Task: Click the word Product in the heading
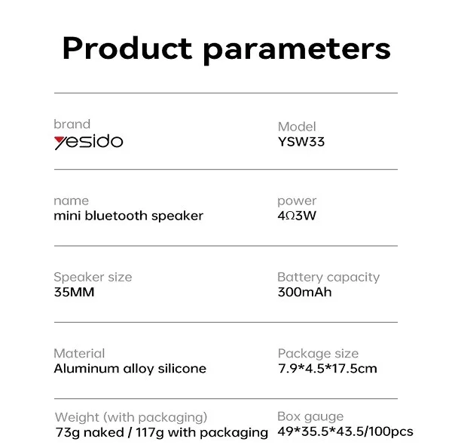127,48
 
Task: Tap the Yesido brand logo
88,141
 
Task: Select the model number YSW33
301,142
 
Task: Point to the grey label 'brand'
72,124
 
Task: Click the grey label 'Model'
297,127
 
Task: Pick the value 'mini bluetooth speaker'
129,216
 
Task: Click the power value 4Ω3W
297,216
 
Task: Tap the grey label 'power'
297,201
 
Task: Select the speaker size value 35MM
74,292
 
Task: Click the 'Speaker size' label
93,278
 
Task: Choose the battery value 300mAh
304,292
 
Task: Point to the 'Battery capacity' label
328,278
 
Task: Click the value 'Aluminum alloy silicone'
130,369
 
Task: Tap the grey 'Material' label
79,354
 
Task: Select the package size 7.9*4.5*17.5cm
328,369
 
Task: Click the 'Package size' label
318,354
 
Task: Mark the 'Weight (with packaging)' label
131,418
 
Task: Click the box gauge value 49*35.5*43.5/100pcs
345,431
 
